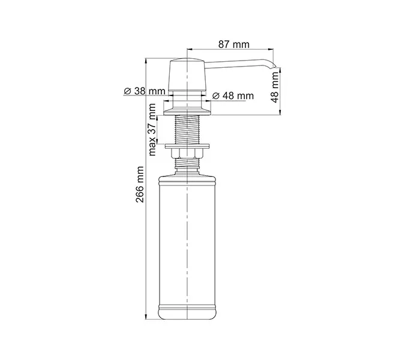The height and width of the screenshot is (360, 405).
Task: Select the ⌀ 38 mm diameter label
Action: [144, 91]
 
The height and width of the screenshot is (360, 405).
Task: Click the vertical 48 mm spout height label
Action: [275, 88]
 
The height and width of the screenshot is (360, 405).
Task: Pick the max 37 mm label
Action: [153, 130]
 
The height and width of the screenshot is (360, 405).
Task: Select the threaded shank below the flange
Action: [188, 129]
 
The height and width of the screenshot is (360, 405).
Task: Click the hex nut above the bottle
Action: [188, 157]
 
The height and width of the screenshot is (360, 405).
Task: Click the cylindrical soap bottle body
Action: [188, 240]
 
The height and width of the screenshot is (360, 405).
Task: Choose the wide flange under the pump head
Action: [188, 109]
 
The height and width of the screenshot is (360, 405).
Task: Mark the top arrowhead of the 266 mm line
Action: [148, 61]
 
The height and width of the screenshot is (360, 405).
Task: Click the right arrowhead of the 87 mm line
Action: [275, 49]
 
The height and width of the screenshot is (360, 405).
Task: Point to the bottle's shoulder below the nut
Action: [188, 174]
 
